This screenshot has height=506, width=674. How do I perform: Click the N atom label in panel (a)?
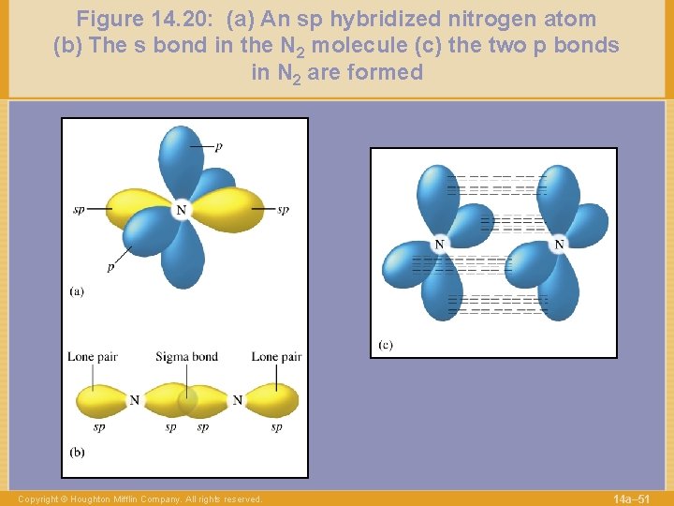coord(181,210)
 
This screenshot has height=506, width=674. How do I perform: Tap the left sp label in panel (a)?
coord(79,209)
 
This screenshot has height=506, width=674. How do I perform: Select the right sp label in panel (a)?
coord(283,209)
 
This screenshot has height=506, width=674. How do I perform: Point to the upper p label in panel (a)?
coord(219,146)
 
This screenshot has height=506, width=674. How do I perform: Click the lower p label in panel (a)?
coord(110,266)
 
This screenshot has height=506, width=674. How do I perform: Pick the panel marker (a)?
coord(77,291)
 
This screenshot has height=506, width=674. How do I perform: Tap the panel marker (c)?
coord(386,345)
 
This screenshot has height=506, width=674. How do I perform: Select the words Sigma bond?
coord(186,357)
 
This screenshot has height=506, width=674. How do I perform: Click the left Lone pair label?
coord(92,357)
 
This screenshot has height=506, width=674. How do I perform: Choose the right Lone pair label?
coord(276,357)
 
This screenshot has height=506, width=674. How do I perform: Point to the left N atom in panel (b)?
coord(135,400)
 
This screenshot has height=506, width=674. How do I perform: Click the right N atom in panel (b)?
coord(237,400)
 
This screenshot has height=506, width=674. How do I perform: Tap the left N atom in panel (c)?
coord(439,245)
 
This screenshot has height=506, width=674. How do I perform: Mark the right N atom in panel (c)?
coord(559,245)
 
